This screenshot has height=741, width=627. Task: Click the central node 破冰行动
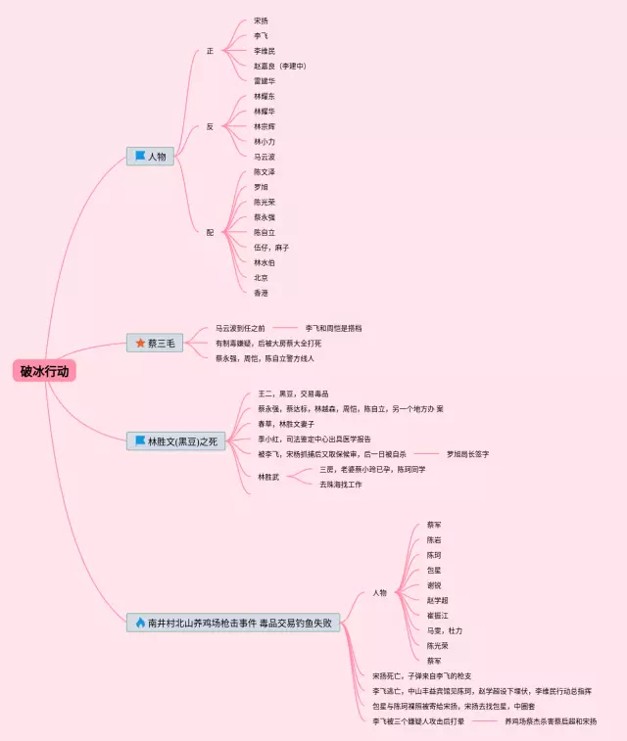point(45,371)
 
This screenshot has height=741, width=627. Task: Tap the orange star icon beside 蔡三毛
point(140,343)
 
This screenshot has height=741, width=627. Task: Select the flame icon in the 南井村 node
point(140,623)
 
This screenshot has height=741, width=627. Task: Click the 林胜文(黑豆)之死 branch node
point(175,441)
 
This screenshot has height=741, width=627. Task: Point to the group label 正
point(210,51)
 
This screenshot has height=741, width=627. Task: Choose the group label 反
point(210,126)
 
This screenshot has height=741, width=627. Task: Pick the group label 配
point(210,232)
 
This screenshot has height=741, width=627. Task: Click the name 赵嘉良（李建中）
point(280,66)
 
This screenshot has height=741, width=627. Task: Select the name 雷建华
point(265,81)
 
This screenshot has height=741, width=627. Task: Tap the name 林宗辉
point(265,126)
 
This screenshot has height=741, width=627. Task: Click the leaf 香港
point(261,293)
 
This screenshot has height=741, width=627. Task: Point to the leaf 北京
point(261,277)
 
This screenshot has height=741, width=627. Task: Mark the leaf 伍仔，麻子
point(271,248)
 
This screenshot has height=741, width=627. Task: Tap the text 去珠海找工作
point(340,484)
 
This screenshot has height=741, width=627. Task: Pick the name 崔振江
point(437,615)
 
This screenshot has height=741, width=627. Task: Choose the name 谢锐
point(433,584)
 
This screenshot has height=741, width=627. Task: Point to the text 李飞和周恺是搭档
point(340,328)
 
